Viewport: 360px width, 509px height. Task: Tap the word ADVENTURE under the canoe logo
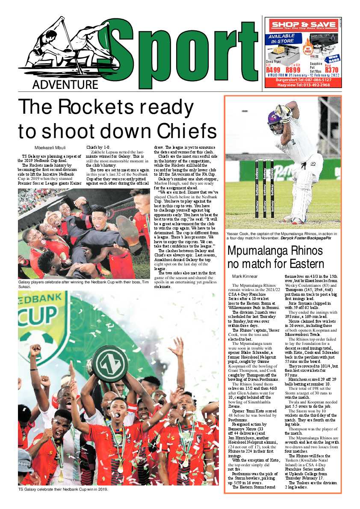[x=65, y=85]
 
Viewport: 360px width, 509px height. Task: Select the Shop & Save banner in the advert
[x=303, y=25]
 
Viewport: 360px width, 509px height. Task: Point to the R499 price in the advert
[x=273, y=70]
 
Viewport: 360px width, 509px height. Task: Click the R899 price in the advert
[x=293, y=70]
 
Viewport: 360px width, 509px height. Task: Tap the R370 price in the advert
[x=331, y=70]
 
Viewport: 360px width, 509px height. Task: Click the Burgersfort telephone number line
[x=303, y=80]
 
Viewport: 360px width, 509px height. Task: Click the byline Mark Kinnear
[x=245, y=276]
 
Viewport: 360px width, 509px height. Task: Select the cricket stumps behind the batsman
[x=264, y=188]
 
